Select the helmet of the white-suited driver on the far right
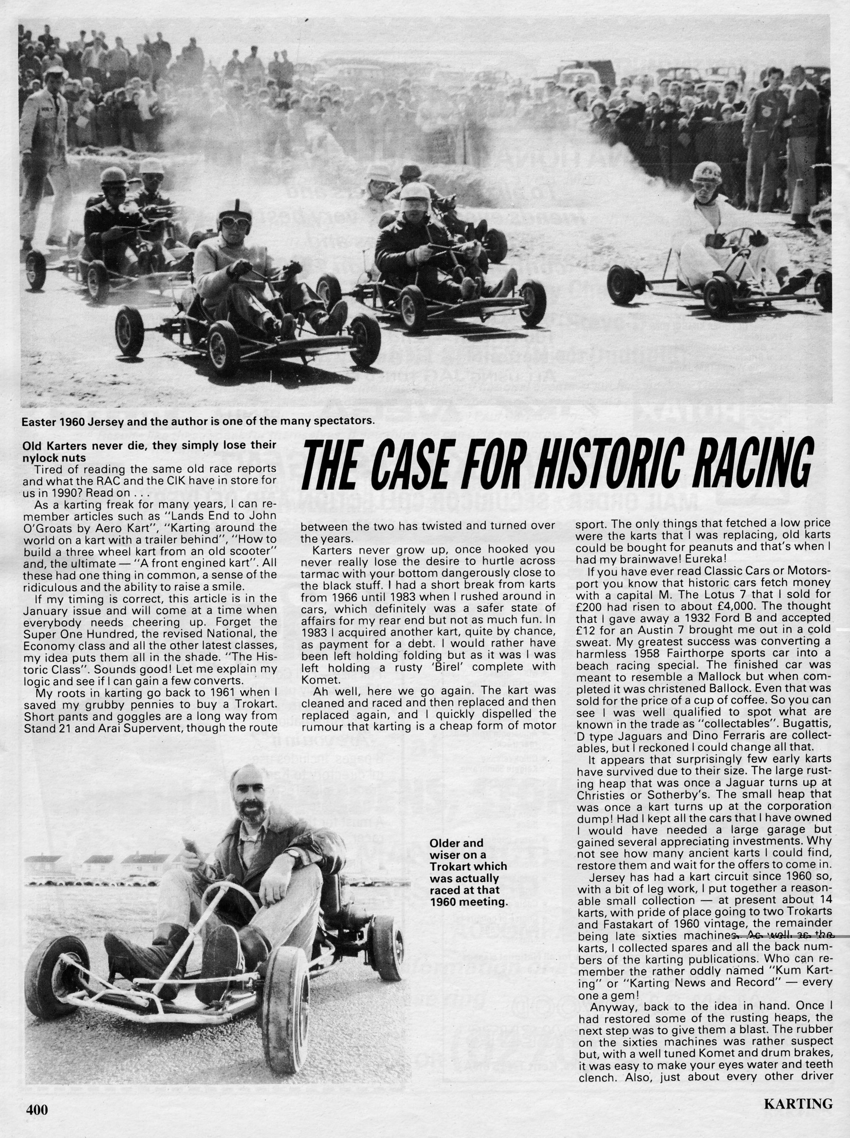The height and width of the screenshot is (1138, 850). [706, 173]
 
